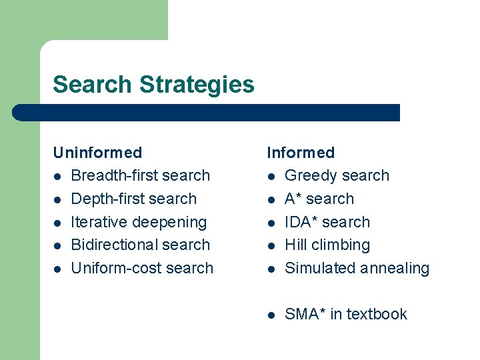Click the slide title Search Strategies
tap(153, 85)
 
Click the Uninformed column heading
tap(97, 153)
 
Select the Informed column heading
tap(301, 153)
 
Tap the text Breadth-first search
tap(140, 176)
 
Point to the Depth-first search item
tap(133, 199)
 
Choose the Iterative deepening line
tap(139, 222)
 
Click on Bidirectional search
tap(140, 245)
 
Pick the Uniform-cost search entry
tap(142, 268)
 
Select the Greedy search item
tap(337, 176)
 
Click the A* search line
tap(319, 199)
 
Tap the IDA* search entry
tap(327, 222)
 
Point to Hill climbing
tap(327, 245)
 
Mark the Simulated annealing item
tap(357, 268)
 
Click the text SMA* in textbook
tap(345, 314)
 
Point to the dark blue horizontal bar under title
tap(207, 113)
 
